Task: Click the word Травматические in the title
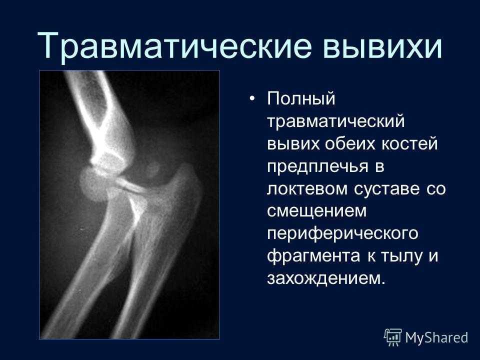coord(174,46)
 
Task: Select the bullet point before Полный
coord(252,98)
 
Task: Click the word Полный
coord(301,99)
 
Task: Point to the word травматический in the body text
coord(336,121)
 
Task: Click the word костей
coord(409,144)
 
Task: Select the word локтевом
coord(307,188)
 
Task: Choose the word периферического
coord(342,234)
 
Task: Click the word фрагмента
coord(313,256)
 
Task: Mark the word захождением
coord(326,279)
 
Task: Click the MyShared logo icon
coord(393,337)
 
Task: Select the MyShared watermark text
coord(436,337)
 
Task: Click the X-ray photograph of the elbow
coord(129,204)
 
